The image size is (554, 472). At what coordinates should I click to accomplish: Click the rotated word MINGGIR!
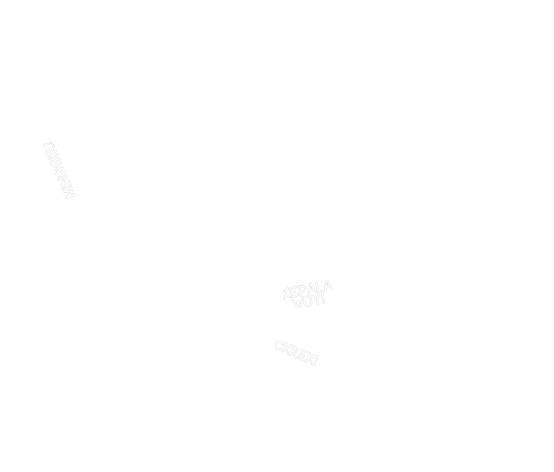(59, 170)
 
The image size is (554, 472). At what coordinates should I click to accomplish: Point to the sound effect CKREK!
(296, 353)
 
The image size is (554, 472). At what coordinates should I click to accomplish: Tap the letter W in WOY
(299, 304)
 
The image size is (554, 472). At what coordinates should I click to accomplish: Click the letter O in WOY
(308, 302)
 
